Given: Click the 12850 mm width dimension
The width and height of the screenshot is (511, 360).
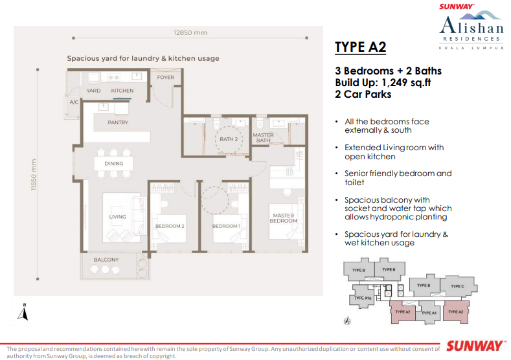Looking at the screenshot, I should (x=190, y=33).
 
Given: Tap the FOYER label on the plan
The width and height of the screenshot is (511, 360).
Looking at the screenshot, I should (x=166, y=77).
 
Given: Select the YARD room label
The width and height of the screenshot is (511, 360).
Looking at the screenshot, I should (x=93, y=91).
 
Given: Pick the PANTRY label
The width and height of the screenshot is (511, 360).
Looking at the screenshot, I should (x=118, y=122).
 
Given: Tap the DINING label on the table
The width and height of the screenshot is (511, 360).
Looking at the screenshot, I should (x=114, y=164).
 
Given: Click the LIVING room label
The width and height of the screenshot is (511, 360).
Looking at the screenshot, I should (x=117, y=217).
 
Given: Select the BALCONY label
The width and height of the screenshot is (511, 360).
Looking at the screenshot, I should (x=106, y=260).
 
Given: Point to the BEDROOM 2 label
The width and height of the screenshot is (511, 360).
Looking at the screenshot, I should (x=170, y=225).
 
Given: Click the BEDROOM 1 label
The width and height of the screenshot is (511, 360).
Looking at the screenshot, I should (x=226, y=225).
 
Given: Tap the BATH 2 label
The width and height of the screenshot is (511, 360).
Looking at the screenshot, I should (x=229, y=139).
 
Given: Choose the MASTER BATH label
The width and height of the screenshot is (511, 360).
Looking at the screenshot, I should (x=263, y=138).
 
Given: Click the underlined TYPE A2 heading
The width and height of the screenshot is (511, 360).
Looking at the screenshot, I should (x=360, y=47).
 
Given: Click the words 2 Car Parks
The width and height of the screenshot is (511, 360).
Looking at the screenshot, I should (x=363, y=94).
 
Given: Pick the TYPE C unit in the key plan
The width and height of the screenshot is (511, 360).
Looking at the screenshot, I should (x=457, y=286).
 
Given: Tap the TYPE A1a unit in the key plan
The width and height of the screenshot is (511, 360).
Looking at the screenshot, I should (x=363, y=298).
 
